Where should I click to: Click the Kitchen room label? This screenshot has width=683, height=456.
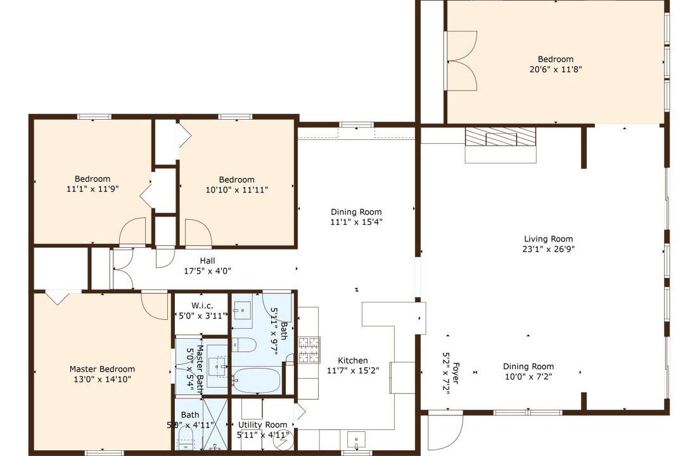[x=353, y=360]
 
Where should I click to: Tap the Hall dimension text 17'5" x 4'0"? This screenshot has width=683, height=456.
[x=207, y=271]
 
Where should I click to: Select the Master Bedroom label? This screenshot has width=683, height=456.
[x=103, y=369]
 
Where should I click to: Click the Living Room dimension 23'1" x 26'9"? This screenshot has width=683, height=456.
[x=549, y=249]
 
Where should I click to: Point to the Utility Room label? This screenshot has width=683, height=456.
[x=263, y=424]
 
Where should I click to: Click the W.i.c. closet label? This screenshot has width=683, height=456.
[x=202, y=306]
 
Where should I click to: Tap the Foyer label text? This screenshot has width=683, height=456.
[x=456, y=373]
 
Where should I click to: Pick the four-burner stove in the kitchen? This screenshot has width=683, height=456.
[x=309, y=350]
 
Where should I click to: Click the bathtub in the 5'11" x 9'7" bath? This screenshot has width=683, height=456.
[x=256, y=380]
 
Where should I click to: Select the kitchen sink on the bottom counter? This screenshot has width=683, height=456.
[x=356, y=440]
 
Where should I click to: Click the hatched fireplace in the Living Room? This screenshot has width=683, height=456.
[x=501, y=136]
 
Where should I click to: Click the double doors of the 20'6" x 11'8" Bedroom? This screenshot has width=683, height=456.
[x=461, y=61]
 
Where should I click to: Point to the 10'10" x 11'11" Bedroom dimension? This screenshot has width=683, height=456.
[x=237, y=190]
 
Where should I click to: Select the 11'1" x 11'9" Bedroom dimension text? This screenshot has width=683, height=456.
[x=93, y=189]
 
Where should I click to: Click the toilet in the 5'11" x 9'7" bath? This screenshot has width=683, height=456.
[x=243, y=345]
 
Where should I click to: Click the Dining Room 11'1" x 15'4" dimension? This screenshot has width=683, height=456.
[x=356, y=222]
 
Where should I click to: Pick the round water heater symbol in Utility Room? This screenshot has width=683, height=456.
[x=283, y=441]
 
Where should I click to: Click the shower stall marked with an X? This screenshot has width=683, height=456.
[x=215, y=424]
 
